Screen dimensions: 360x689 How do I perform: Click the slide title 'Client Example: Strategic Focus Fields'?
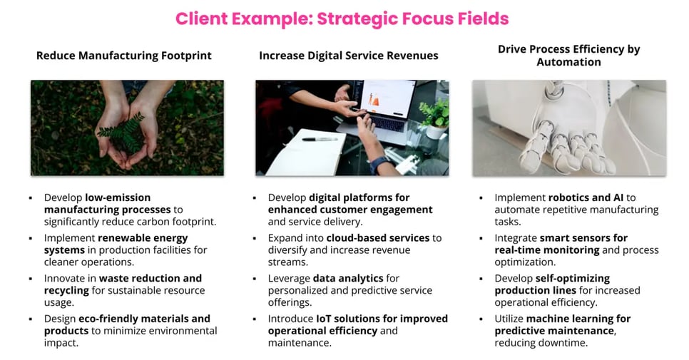click(x=342, y=19)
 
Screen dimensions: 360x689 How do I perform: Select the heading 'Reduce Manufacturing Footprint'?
click(x=124, y=56)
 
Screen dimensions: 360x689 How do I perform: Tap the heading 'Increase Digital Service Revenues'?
click(x=349, y=56)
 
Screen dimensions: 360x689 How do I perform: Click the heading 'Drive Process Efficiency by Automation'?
click(x=568, y=56)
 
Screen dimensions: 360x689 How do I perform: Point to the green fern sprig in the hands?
click(x=123, y=132)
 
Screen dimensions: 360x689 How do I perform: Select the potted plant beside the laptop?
click(x=435, y=118)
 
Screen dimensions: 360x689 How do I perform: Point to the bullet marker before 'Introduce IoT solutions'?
click(x=256, y=319)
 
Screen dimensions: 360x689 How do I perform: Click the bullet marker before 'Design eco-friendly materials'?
click(x=31, y=319)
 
